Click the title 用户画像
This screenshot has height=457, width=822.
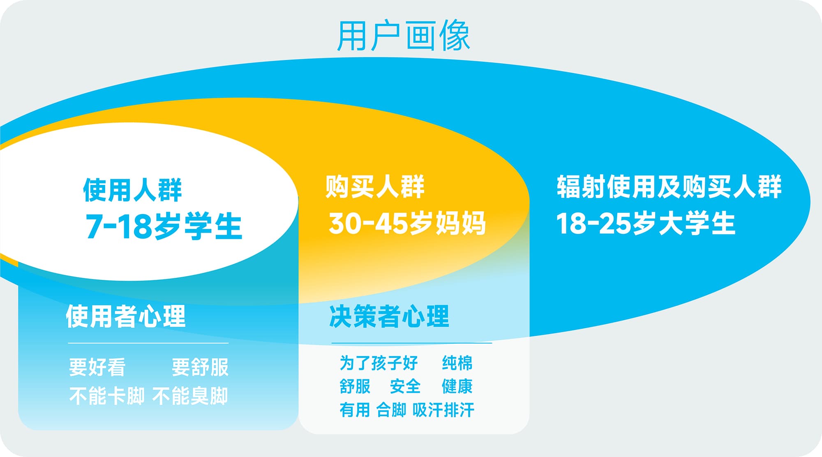(x=403, y=36)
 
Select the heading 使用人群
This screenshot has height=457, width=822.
(x=132, y=190)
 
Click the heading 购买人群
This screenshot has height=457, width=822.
(x=375, y=187)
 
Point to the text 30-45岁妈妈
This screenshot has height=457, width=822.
(x=407, y=223)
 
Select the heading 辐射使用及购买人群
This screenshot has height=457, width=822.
(x=669, y=187)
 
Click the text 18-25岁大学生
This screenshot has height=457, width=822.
(x=645, y=223)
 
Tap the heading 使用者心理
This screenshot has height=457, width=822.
(x=126, y=316)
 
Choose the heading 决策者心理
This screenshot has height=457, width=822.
(x=389, y=316)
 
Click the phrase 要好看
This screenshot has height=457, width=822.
(x=97, y=367)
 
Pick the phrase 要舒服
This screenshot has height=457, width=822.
(x=200, y=367)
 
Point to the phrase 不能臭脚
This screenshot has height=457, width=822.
(x=190, y=396)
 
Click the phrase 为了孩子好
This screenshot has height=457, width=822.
(x=379, y=363)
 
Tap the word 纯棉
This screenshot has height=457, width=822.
(x=457, y=363)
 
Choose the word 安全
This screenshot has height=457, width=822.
(x=405, y=386)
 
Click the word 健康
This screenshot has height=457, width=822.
(x=457, y=386)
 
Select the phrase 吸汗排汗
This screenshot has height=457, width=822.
(x=443, y=410)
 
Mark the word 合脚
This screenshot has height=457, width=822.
(x=391, y=410)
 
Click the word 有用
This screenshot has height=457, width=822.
(x=355, y=410)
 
